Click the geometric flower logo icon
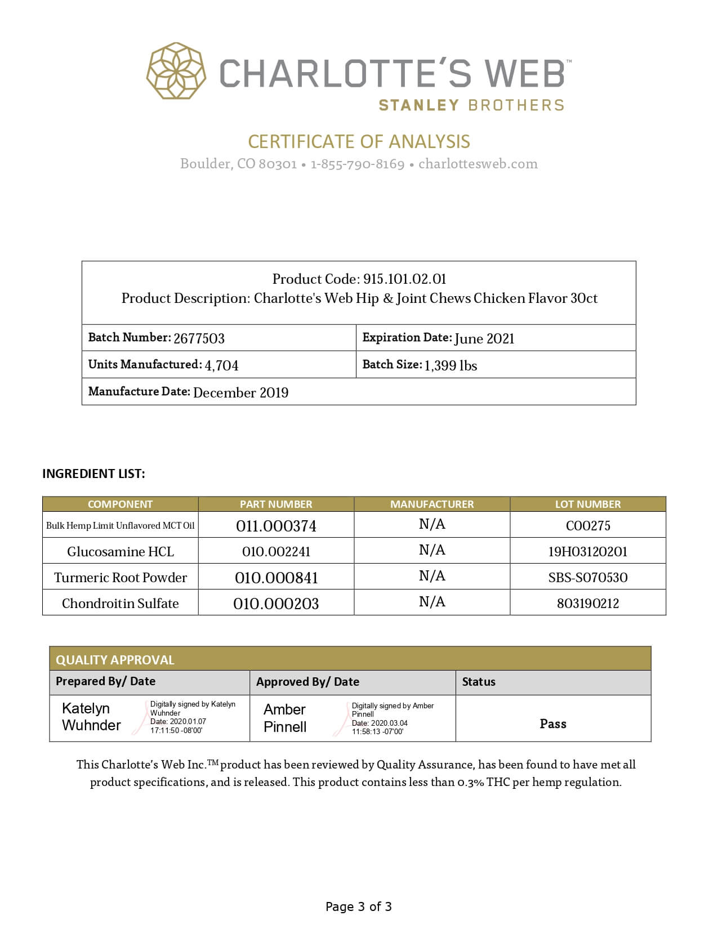(x=176, y=71)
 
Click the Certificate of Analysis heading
(x=359, y=141)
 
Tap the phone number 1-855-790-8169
(x=358, y=164)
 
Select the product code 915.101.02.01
(x=404, y=279)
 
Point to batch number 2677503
(x=199, y=338)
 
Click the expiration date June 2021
(x=484, y=338)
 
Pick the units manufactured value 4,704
(x=221, y=365)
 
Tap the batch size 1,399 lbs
(x=451, y=365)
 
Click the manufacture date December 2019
(x=240, y=392)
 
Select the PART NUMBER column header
(x=276, y=504)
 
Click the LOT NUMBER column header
(x=588, y=504)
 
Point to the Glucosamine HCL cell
(x=121, y=551)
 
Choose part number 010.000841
(x=276, y=578)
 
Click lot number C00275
(x=588, y=525)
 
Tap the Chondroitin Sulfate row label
(x=121, y=604)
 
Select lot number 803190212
(x=588, y=604)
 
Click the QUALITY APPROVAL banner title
(x=115, y=659)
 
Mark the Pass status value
(x=553, y=723)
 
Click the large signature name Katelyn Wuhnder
(x=91, y=717)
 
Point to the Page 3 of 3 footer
(x=359, y=906)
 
